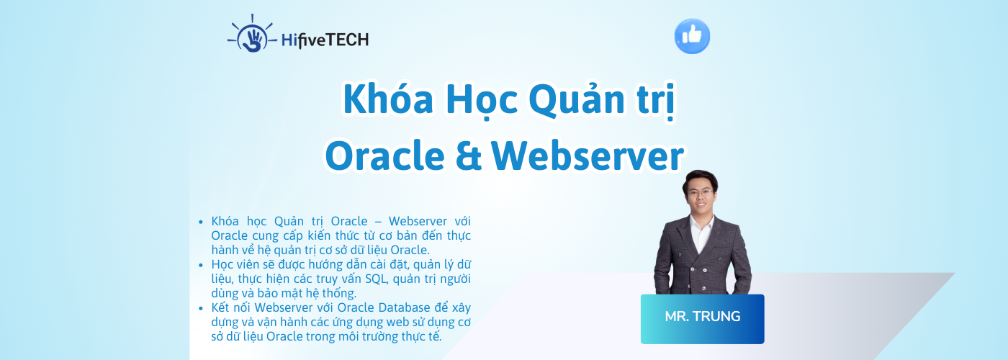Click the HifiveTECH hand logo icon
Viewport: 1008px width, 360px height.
[251, 36]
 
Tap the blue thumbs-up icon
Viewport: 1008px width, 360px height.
[692, 36]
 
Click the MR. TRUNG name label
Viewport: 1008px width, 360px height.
[702, 317]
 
